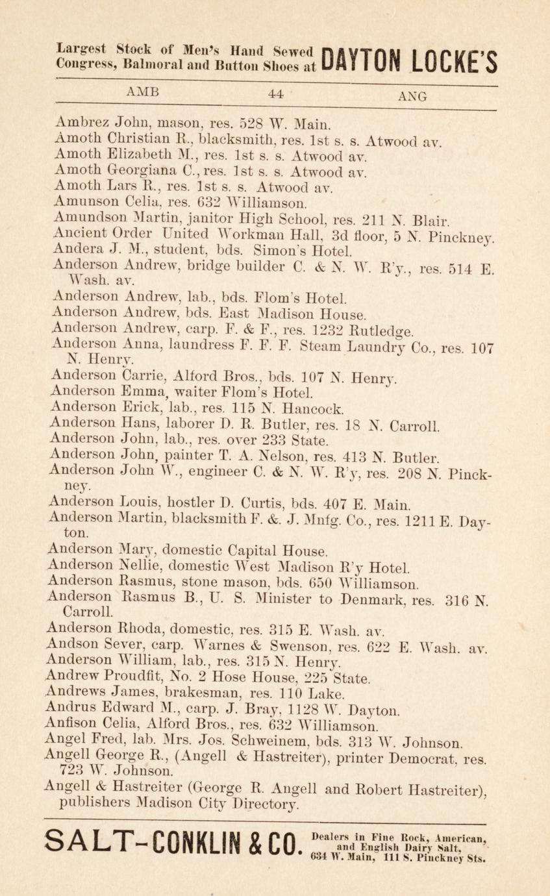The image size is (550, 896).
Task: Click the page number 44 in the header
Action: [275, 95]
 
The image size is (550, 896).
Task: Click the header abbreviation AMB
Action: [144, 92]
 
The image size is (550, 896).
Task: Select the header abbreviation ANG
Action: [412, 97]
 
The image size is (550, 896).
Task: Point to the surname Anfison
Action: [75, 724]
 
